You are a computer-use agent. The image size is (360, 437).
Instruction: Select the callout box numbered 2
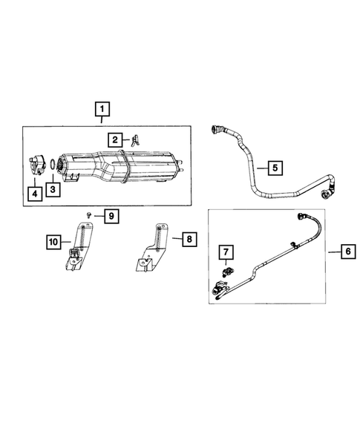click(116, 139)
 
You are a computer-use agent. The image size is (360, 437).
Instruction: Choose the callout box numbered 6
click(347, 252)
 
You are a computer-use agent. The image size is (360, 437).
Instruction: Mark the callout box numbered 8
click(188, 239)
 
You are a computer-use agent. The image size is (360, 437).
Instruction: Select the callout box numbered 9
click(111, 216)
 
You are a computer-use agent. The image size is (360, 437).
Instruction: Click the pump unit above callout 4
click(38, 167)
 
